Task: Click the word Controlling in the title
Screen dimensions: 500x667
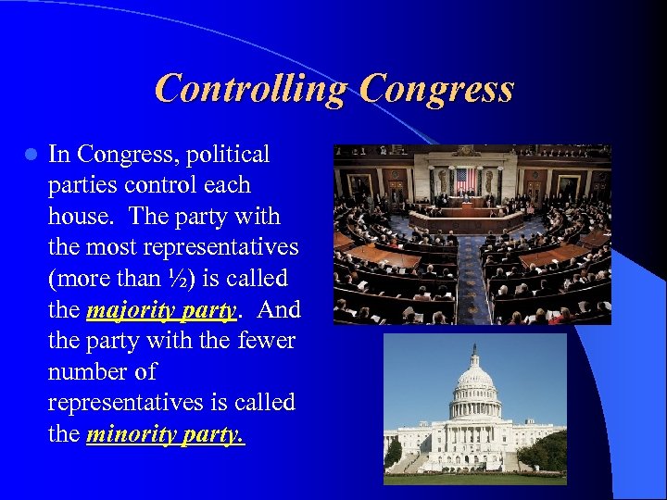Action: (x=250, y=89)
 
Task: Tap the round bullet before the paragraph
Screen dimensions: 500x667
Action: (x=31, y=154)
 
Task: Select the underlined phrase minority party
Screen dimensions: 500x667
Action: (x=165, y=434)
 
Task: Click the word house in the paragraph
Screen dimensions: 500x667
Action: (x=81, y=217)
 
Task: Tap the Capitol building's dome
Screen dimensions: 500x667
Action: (x=474, y=380)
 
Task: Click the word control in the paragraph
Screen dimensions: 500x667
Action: (x=166, y=185)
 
